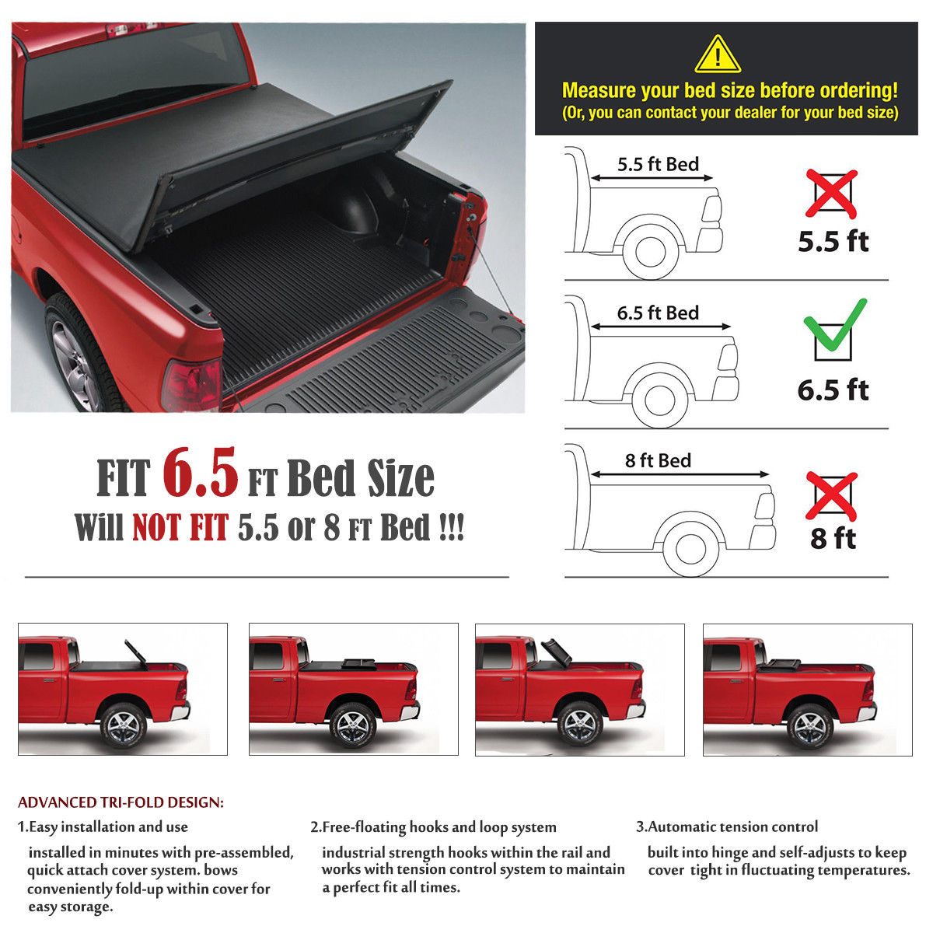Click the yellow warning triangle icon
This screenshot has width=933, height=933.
[x=717, y=55]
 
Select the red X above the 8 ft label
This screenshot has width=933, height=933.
[x=831, y=495]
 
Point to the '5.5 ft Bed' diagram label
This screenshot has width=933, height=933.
[x=658, y=164]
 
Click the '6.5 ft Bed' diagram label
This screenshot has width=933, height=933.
[x=658, y=313]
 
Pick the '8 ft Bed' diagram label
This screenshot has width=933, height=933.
[x=658, y=460]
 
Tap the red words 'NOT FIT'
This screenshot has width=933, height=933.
[x=180, y=528]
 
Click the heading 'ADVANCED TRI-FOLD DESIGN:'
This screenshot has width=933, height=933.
[x=121, y=802]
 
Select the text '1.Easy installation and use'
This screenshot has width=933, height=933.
[x=103, y=826]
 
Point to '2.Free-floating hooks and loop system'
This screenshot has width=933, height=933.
[x=433, y=826]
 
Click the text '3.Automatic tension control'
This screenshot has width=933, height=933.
[x=727, y=826]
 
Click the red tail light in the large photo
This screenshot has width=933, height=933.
[x=191, y=386]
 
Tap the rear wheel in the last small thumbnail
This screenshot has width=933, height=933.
[x=809, y=725]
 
